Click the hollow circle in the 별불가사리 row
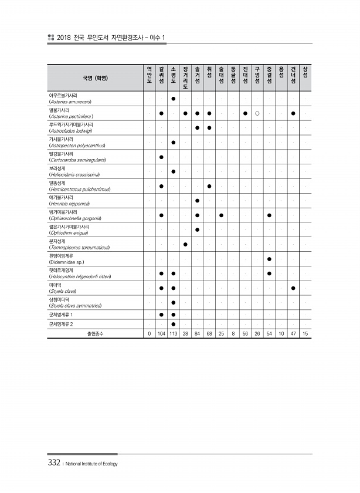[x=257, y=113]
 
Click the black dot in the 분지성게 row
[x=185, y=244]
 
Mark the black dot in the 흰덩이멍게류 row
[x=269, y=259]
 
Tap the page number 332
[x=54, y=462]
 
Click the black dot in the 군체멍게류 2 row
[x=174, y=323]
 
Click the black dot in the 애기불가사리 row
[x=198, y=201]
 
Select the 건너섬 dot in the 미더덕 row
[x=293, y=288]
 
